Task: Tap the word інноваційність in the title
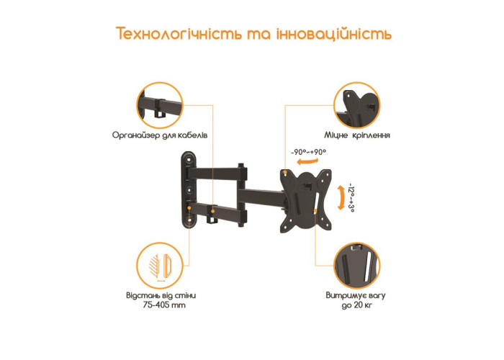click(x=334, y=34)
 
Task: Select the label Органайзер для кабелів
click(x=160, y=135)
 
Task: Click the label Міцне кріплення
click(x=357, y=135)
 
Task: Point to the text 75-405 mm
click(x=164, y=305)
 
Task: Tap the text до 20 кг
click(x=357, y=305)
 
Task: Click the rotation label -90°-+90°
click(x=309, y=152)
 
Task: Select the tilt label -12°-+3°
click(x=351, y=198)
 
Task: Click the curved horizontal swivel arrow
click(x=307, y=161)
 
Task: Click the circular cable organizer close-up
click(x=160, y=105)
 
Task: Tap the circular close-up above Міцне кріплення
click(x=357, y=105)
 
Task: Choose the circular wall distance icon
click(x=160, y=266)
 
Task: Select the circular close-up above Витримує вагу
click(x=357, y=266)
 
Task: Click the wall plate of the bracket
click(x=189, y=189)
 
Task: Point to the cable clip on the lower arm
click(x=213, y=215)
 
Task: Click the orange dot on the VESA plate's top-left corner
click(x=285, y=173)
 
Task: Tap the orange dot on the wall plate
click(x=189, y=208)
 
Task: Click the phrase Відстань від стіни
click(x=161, y=295)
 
